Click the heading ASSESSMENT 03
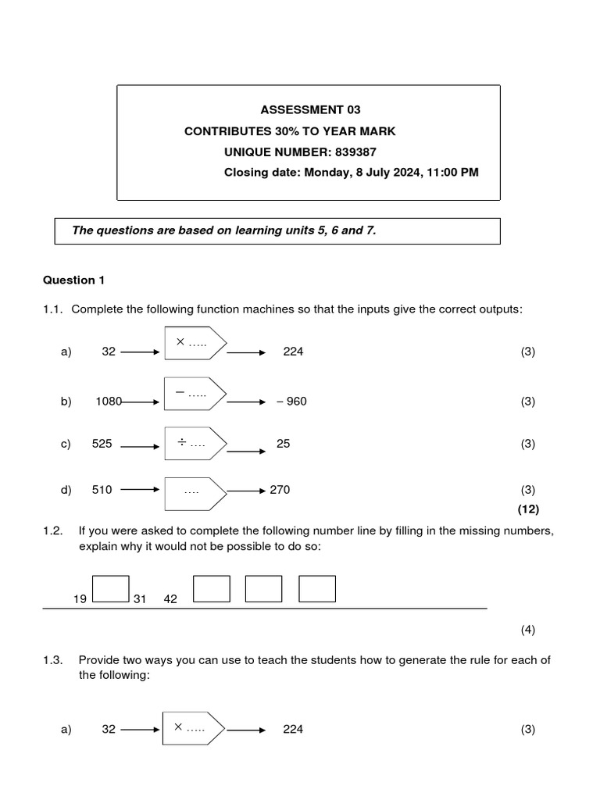pyautogui.click(x=310, y=110)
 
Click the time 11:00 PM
pyautogui.click(x=453, y=173)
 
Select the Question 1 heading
pyautogui.click(x=73, y=280)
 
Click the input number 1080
pyautogui.click(x=109, y=402)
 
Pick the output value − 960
pyautogui.click(x=291, y=402)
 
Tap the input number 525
pyautogui.click(x=102, y=444)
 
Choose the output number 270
pyautogui.click(x=280, y=490)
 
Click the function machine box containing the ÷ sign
pyautogui.click(x=195, y=444)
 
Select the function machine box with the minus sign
pyautogui.click(x=195, y=395)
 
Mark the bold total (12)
pyautogui.click(x=528, y=509)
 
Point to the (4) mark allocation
pyautogui.click(x=528, y=630)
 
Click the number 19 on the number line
pyautogui.click(x=80, y=599)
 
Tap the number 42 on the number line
pyautogui.click(x=170, y=599)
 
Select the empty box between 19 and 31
pyautogui.click(x=110, y=589)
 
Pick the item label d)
pyautogui.click(x=66, y=490)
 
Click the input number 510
pyautogui.click(x=102, y=490)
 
